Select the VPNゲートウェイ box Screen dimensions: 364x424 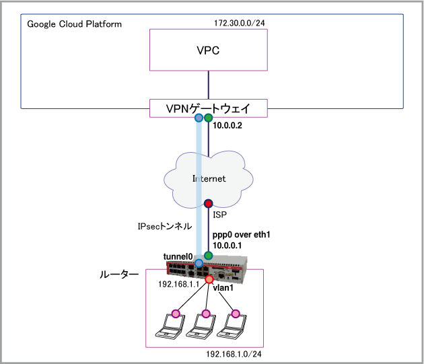pos(208,107)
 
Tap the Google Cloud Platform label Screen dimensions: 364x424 pos(75,24)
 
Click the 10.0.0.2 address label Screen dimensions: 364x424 pos(228,126)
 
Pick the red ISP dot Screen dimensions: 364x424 pos(209,203)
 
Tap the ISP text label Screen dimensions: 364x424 pos(219,215)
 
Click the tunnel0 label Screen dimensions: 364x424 pos(178,257)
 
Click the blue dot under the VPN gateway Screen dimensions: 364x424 pos(199,118)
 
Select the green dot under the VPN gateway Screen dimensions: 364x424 pos(209,118)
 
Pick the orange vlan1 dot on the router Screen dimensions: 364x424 pos(209,279)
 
